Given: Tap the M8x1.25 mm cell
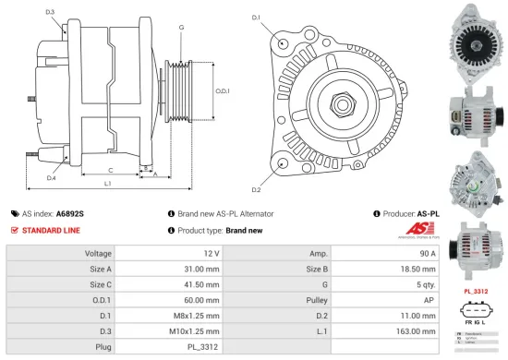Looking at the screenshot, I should point(200,315).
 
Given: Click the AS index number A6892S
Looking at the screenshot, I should point(69,213).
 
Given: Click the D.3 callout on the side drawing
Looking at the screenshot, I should point(49,12).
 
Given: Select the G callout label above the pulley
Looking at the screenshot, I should point(181,29).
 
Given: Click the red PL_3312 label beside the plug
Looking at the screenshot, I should point(477,291).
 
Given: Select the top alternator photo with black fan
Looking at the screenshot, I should point(477,43).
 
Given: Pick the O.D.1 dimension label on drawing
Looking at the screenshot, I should point(223,90).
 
